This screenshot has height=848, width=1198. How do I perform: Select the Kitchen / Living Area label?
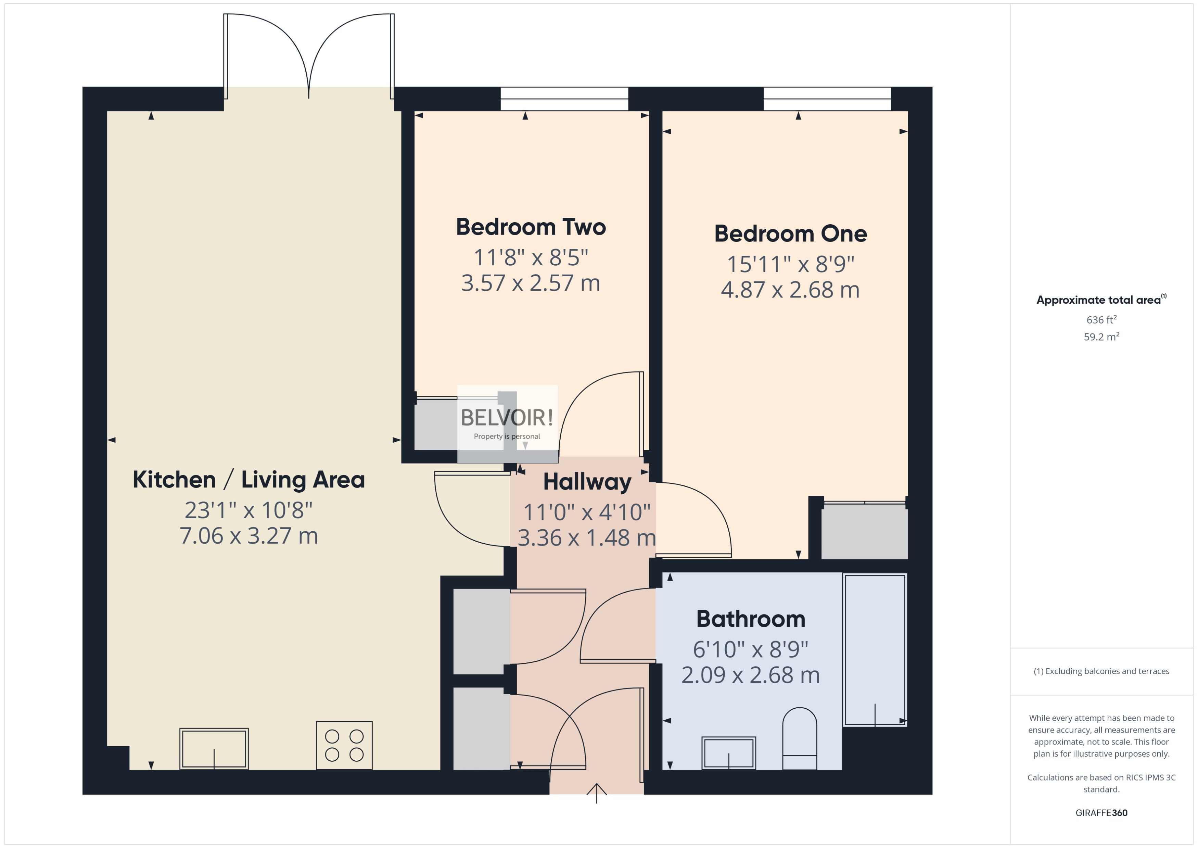tap(248, 479)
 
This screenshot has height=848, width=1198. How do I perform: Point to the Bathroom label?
tap(750, 619)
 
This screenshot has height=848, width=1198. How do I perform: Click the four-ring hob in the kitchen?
tap(344, 745)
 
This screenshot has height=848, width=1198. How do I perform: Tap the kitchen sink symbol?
tap(214, 748)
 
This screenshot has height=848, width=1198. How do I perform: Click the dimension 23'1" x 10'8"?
tap(248, 510)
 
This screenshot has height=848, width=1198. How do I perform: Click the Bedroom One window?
tap(827, 99)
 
